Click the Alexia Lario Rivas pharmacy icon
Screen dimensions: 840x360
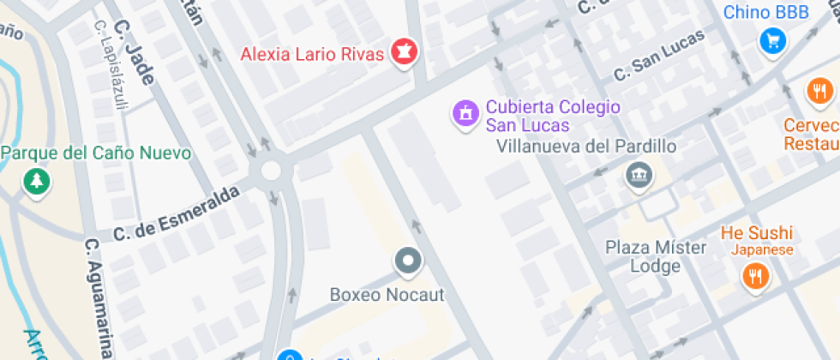tap(402, 52)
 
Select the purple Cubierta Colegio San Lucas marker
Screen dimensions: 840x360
tap(465, 113)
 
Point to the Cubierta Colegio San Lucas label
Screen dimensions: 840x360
tap(552, 116)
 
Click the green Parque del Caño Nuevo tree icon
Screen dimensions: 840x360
tap(37, 181)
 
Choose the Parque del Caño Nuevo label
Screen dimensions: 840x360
tap(96, 153)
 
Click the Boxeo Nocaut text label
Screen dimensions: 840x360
tap(387, 295)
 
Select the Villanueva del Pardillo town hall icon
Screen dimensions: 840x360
tap(638, 176)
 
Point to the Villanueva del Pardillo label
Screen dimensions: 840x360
tap(586, 146)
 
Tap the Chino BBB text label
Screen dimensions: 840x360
tap(766, 13)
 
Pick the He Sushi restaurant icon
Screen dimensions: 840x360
tap(755, 276)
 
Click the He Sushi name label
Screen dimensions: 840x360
tap(756, 232)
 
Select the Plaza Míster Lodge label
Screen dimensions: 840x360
tap(656, 256)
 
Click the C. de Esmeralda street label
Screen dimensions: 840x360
tap(176, 214)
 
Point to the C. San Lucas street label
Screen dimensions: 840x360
tap(658, 57)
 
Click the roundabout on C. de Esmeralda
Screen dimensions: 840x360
tap(271, 170)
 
